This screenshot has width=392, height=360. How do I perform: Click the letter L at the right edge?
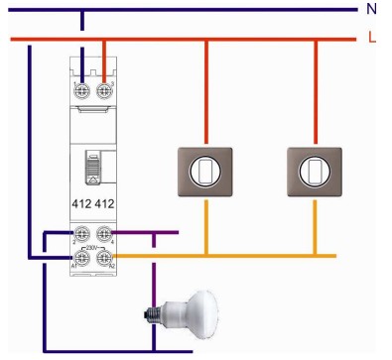(x=372, y=39)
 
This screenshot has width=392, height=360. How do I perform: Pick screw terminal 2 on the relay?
(x=82, y=235)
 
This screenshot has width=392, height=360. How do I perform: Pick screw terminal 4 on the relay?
(x=104, y=235)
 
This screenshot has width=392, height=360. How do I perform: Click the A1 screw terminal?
(x=82, y=257)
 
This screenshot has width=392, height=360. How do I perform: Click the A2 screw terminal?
(x=104, y=257)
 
